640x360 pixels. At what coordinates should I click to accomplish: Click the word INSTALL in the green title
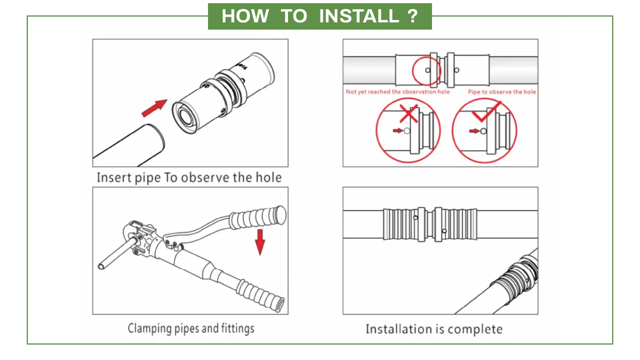359,16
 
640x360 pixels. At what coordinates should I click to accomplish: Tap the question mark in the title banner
412,16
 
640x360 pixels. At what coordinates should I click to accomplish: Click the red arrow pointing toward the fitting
154,108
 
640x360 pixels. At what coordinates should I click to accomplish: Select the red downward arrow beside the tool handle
260,242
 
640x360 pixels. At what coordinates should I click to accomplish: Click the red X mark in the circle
409,114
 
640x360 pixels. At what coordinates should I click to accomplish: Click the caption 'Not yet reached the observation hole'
398,92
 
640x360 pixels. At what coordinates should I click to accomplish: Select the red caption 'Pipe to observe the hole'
502,92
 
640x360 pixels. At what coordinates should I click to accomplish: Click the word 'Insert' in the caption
108,177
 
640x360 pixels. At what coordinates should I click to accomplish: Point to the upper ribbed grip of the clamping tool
258,218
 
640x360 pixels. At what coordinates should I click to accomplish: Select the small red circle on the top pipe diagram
427,70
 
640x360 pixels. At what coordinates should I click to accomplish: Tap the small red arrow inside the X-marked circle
398,131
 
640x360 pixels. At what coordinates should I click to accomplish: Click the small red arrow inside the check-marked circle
474,131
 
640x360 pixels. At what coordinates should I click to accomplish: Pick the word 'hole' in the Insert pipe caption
269,177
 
